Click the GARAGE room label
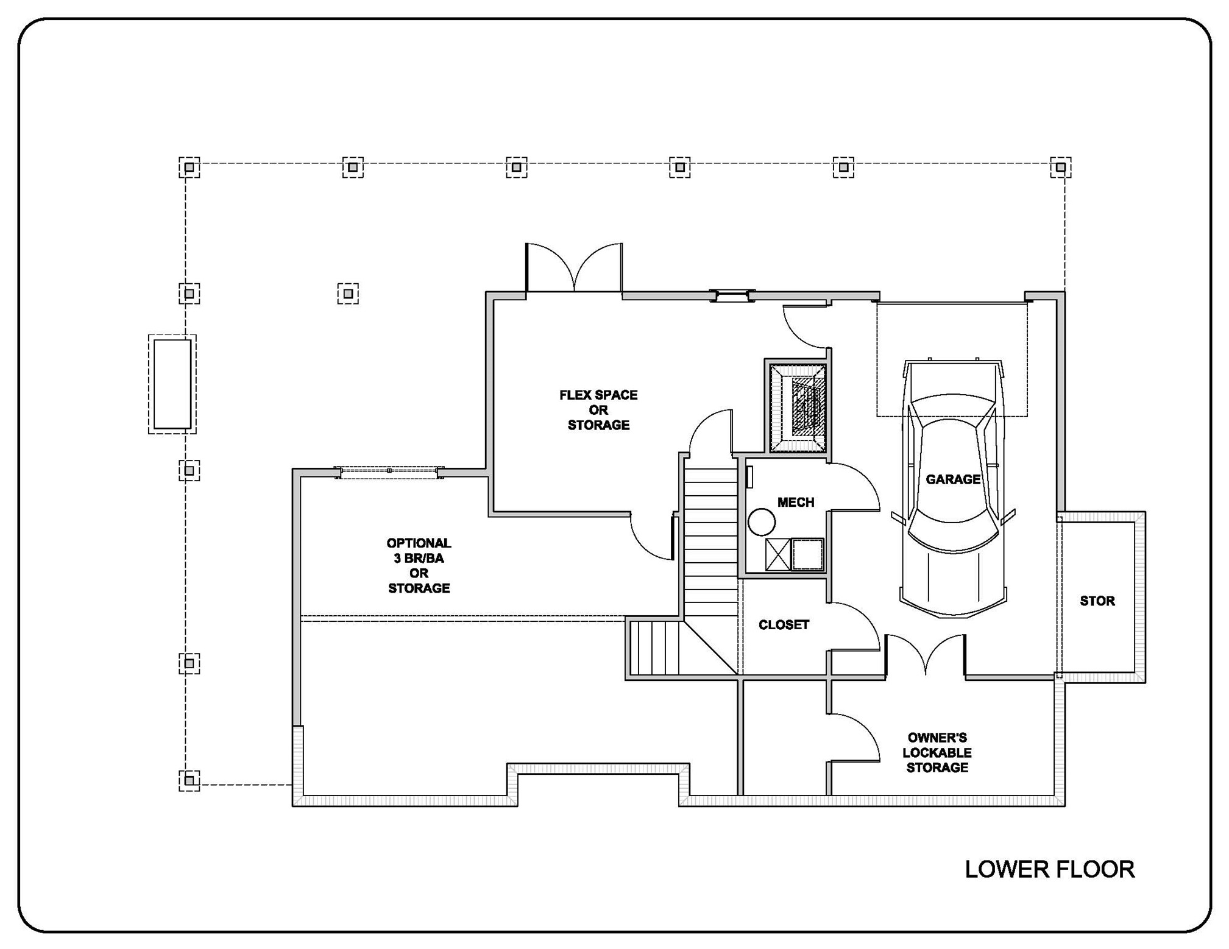[952, 479]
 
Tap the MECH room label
[795, 502]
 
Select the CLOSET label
[783, 624]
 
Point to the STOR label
[1097, 601]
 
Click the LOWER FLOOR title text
[1049, 869]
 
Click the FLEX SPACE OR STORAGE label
[598, 410]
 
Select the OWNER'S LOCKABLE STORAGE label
[937, 752]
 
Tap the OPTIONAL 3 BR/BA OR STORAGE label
[419, 565]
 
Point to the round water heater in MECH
[761, 522]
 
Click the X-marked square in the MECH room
[777, 554]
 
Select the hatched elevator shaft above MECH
[797, 406]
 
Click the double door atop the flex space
[574, 268]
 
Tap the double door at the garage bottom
[925, 655]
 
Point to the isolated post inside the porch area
[348, 294]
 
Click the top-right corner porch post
[1060, 167]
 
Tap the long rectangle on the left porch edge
[172, 384]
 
